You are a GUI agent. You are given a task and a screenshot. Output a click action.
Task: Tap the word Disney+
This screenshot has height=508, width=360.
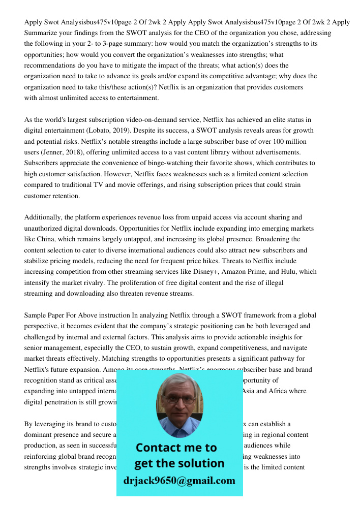pos(217,272)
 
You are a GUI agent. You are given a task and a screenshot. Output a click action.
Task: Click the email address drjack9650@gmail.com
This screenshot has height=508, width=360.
pos(179,481)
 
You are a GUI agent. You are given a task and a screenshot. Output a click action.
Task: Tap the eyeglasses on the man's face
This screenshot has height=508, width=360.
pos(178,399)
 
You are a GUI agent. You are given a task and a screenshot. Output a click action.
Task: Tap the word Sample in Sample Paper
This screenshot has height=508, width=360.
pos(35,315)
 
